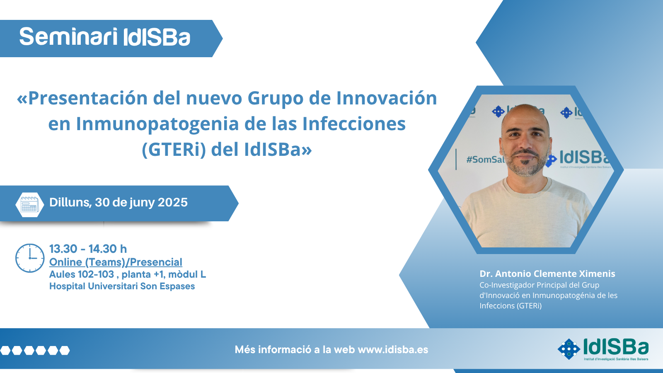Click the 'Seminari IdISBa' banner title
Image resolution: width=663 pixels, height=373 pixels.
coord(104,37)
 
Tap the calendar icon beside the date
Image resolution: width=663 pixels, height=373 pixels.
coord(29,205)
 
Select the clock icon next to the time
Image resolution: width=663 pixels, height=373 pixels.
coord(30,258)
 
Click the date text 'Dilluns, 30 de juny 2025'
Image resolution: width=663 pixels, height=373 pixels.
coord(119,203)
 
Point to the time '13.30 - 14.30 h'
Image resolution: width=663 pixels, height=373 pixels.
coord(88,249)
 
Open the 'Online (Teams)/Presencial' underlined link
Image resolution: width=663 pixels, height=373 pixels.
coord(116,262)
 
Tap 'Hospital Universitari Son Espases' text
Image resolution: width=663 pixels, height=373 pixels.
coord(122,286)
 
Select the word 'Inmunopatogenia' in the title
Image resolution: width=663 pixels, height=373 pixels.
coord(157,124)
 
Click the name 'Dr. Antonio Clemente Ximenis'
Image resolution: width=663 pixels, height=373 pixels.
coord(547,274)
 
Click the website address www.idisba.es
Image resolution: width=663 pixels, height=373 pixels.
coord(393,350)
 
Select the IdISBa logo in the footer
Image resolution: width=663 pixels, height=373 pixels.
coord(603,349)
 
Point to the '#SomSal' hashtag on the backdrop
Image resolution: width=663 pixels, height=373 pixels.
coord(485,160)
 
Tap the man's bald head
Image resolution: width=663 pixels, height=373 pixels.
coord(525,116)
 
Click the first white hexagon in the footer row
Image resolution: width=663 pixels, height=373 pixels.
coord(5,351)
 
